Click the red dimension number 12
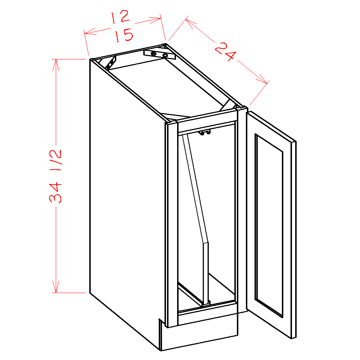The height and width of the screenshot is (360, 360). coord(120,17)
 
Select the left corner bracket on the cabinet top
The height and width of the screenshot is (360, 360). coord(111,62)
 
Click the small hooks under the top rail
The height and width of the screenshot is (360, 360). coord(204,133)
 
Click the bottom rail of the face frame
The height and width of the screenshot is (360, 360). coord(207,316)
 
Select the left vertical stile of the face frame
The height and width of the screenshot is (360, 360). coord(172,223)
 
